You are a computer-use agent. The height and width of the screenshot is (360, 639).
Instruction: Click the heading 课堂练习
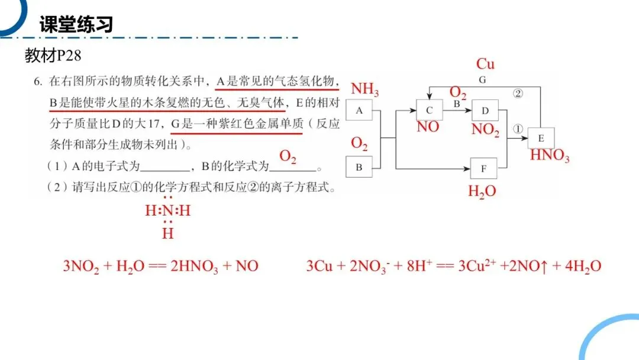pos(76,24)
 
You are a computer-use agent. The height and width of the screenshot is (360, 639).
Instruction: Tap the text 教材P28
pos(52,56)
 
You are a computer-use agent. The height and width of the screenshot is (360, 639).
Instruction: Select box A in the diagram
pos(359,110)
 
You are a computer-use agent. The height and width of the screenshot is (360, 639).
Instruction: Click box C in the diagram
pos(430,110)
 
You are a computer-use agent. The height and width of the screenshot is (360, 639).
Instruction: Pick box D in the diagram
pos(485,110)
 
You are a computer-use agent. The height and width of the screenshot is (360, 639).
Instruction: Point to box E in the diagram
pos(541,138)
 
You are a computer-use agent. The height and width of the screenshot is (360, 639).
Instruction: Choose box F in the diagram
pos(483,168)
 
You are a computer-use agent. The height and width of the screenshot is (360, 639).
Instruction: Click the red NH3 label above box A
pos(364,90)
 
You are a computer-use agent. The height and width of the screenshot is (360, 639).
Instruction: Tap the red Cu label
pos(485,64)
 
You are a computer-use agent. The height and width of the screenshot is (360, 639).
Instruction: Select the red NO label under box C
pos(428,127)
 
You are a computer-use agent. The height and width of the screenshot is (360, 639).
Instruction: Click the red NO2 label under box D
pos(485,129)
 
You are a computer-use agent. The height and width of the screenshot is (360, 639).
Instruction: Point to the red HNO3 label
pos(550,156)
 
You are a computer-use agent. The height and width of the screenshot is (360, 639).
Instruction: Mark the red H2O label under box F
pos(482,191)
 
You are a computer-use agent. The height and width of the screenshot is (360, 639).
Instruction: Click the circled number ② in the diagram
pos(518,94)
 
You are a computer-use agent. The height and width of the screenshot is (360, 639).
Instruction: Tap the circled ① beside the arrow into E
pos(518,128)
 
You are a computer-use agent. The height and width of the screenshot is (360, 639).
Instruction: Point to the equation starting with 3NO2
pos(160,266)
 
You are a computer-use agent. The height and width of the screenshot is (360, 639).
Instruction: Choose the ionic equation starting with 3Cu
pos(453,266)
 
